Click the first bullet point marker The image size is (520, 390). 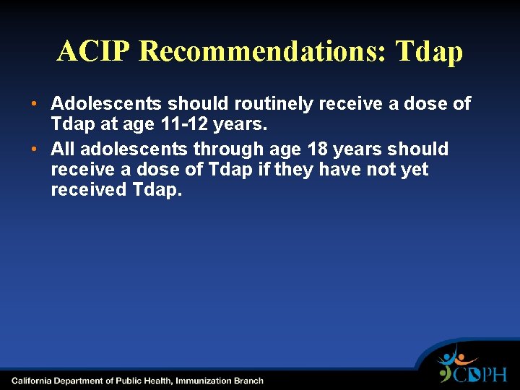[x=35, y=105]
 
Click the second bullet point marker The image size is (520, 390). [x=35, y=149]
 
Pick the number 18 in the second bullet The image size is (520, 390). [x=318, y=149]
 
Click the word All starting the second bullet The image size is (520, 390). [x=63, y=149]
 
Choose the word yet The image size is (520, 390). [x=415, y=170]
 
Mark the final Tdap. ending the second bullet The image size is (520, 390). [x=158, y=191]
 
